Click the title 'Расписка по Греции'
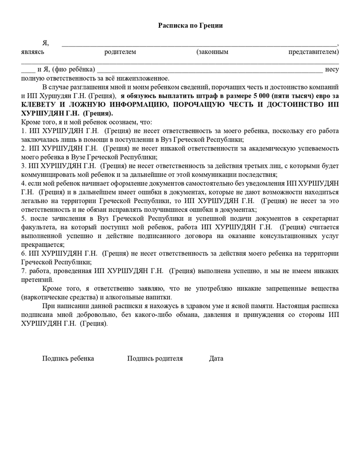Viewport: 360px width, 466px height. pos(190,26)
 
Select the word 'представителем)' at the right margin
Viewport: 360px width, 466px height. pos(313,52)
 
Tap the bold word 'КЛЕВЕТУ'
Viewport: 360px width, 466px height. pos(39,104)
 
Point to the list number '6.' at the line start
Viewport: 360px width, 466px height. pos(24,254)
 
